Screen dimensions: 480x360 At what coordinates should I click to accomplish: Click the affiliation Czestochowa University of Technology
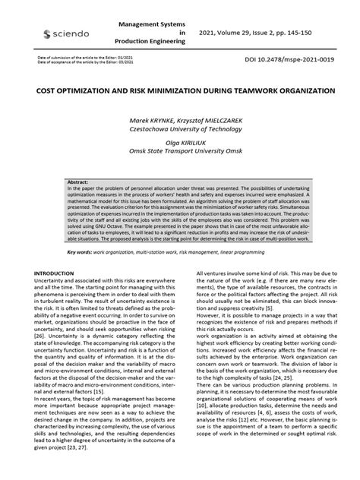(x=179, y=129)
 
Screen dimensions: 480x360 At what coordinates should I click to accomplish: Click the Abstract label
(x=78, y=183)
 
